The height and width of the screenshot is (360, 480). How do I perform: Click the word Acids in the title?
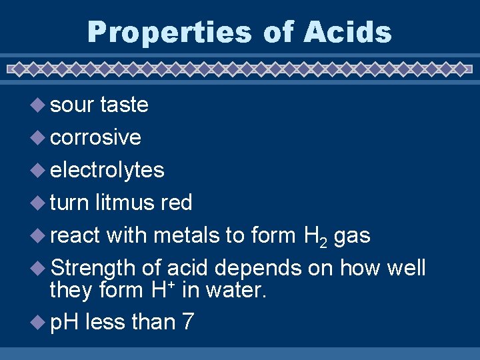(x=349, y=32)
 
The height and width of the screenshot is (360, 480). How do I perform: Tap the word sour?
(x=72, y=105)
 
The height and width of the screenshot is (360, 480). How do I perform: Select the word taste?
(x=124, y=105)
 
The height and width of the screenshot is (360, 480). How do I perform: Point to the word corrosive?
(x=95, y=137)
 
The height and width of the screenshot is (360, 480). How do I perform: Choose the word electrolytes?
(x=107, y=170)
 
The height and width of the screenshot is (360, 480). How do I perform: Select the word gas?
(x=352, y=236)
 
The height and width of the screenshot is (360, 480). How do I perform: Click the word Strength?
(x=93, y=267)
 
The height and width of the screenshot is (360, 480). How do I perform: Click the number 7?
(x=187, y=322)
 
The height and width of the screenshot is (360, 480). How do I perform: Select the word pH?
(x=64, y=322)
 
